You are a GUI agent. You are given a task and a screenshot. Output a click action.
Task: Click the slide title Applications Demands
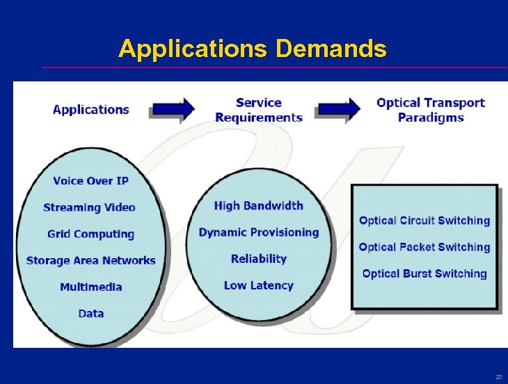pos(252,49)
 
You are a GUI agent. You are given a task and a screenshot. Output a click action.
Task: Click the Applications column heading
pos(91,109)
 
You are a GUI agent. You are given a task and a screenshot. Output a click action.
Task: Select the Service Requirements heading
pos(259,110)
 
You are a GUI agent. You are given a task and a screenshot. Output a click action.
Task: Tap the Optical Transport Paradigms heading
pos(431,110)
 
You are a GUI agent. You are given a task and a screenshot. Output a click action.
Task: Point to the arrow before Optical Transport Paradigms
pos(339,109)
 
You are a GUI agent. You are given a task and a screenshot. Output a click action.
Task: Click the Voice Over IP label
pos(91,181)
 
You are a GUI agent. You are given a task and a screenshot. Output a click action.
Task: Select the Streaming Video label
pos(89,207)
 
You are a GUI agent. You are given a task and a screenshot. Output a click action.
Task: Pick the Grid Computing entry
pos(90,234)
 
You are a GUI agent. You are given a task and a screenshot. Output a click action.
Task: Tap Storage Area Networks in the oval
pos(90,260)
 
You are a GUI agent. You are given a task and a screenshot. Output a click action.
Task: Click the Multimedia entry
pos(91,287)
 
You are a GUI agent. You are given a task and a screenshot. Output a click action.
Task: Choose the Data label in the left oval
pos(91,313)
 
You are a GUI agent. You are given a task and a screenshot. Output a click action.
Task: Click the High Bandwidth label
pos(259,205)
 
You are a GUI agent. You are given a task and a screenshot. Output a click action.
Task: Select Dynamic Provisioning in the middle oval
pos(259,232)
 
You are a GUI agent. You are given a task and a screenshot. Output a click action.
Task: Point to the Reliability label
pos(259,258)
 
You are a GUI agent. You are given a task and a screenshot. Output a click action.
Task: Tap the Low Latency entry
pos(259,285)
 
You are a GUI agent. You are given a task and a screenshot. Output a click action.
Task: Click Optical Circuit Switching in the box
pos(424,221)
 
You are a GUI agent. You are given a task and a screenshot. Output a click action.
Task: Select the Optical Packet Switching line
pos(424,247)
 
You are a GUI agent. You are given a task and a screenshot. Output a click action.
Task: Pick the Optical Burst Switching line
pos(424,273)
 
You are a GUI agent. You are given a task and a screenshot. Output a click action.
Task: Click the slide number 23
pos(499,376)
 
